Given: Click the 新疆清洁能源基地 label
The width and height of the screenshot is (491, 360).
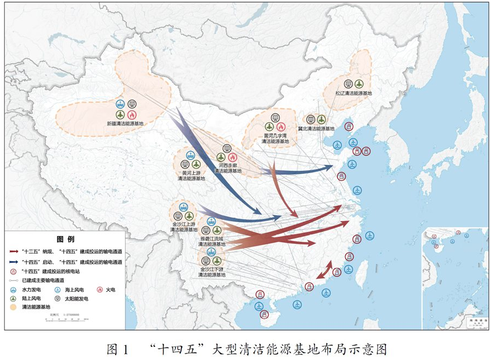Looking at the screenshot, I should tap(126, 124).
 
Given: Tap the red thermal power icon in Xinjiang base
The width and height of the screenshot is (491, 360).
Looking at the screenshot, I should tap(132, 115).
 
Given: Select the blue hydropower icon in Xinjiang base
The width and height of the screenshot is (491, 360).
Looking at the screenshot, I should tap(120, 104).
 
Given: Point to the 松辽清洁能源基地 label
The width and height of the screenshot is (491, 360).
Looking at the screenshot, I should tap(354, 93).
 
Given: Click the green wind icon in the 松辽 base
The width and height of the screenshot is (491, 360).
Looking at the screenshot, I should tap(359, 83).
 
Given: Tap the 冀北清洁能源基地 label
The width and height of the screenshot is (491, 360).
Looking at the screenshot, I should tap(316, 129).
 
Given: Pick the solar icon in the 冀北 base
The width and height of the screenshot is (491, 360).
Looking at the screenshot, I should tap(310, 119).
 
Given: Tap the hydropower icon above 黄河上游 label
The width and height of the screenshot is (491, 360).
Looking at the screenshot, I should tap(191, 155).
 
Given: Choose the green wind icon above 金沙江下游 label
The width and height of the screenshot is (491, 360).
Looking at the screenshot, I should tap(217, 261).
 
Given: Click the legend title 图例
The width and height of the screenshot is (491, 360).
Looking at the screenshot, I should tap(66, 240).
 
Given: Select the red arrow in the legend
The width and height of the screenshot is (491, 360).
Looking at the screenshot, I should tap(14, 252).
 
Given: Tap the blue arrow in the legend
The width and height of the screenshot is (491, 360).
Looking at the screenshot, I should tap(14, 262).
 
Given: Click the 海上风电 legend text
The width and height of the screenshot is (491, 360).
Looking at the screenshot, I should tap(73, 290).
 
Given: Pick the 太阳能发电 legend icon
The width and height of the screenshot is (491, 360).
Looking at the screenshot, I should tap(58, 298).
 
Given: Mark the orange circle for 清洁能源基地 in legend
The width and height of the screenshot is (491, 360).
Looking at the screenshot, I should tap(14, 307).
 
